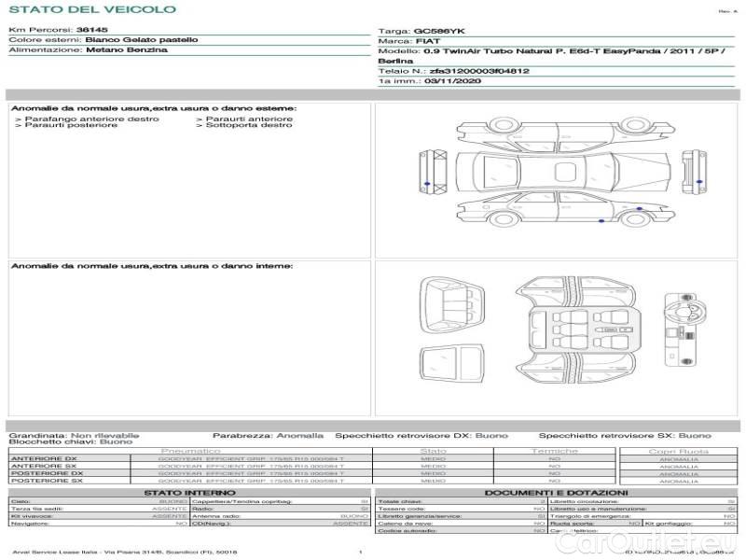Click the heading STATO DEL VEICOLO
coord(92,9)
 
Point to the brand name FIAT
coord(428,42)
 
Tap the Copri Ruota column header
coord(678,451)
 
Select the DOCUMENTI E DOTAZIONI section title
coord(556,492)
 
